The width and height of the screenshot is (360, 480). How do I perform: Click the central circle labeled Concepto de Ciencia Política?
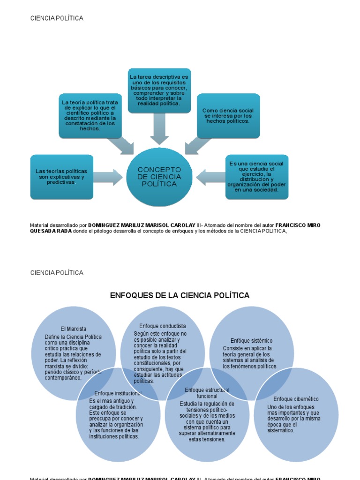(x=159, y=177)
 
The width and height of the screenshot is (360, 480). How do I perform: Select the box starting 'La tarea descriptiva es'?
(x=159, y=90)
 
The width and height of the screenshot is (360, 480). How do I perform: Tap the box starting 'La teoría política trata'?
(x=90, y=116)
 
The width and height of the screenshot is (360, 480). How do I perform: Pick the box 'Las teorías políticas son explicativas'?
(x=61, y=177)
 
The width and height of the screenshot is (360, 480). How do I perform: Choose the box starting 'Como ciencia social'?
(x=228, y=116)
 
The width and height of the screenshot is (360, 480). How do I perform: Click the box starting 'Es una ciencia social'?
(x=256, y=177)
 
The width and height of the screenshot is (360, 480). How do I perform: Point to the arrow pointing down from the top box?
(x=159, y=128)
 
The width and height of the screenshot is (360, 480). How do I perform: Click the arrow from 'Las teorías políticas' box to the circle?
(x=108, y=177)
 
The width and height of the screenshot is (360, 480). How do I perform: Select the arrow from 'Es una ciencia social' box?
(x=210, y=177)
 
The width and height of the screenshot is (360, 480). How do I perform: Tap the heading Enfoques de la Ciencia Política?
(x=180, y=295)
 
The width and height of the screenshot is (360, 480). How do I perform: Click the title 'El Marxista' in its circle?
(x=74, y=329)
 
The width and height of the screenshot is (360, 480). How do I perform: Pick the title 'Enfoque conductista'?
(x=162, y=326)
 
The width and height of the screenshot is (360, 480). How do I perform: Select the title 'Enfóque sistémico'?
(x=251, y=341)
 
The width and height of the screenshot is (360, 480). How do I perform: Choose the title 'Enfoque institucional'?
(x=118, y=393)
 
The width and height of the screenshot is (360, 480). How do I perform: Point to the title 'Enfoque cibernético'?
(x=296, y=399)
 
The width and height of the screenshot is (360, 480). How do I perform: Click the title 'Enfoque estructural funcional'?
(x=207, y=393)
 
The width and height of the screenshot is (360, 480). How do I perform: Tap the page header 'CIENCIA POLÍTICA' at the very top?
(x=57, y=18)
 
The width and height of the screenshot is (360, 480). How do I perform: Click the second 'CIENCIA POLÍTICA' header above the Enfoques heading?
(x=57, y=273)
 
